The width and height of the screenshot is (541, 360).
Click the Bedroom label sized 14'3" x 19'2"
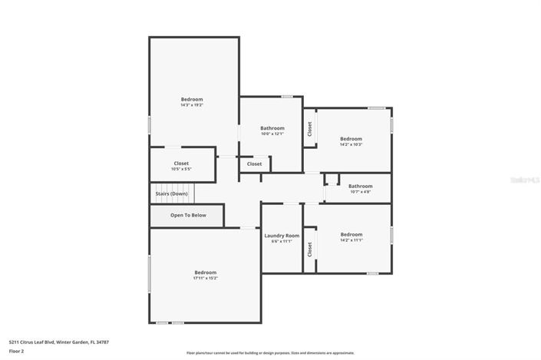tap(192, 99)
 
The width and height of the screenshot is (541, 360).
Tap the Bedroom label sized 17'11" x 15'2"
tap(205, 272)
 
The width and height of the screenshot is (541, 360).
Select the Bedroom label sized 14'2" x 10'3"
tap(351, 139)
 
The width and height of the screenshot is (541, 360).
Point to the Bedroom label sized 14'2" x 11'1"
tap(351, 234)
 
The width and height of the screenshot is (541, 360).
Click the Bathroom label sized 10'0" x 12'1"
tap(272, 128)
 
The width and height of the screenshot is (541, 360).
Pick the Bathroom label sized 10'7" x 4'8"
tap(360, 186)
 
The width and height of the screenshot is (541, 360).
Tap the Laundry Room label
tap(282, 236)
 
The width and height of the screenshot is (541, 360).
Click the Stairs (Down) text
tap(171, 193)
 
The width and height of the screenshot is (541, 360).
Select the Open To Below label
tap(188, 215)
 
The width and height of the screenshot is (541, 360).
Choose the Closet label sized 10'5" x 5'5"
tap(181, 163)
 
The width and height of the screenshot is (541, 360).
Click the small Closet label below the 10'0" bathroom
tap(254, 163)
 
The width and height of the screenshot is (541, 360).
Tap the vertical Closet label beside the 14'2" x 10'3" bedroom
tap(310, 129)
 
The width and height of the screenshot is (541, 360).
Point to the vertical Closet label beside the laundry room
tap(310, 249)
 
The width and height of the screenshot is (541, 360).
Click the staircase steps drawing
tap(173, 187)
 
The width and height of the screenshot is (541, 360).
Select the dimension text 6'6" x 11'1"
tap(282, 242)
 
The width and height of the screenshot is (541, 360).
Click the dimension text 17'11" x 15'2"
tap(205, 279)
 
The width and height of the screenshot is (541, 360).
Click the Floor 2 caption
tap(16, 351)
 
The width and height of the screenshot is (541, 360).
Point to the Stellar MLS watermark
tap(526, 180)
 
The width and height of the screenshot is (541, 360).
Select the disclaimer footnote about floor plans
tap(259, 353)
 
